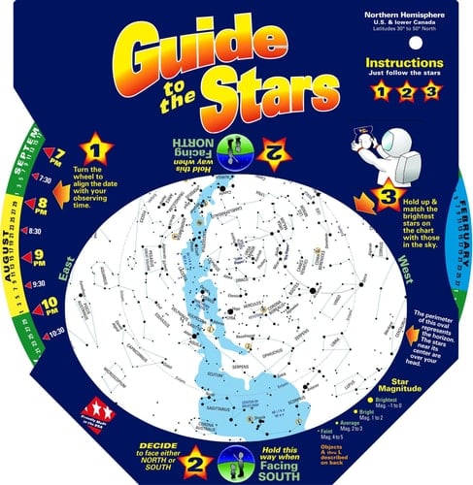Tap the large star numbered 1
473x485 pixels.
pyautogui.click(x=97, y=151)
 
